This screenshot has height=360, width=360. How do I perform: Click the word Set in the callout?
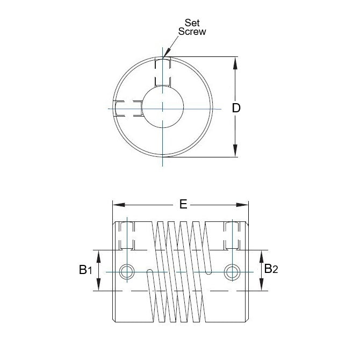pos(192,23)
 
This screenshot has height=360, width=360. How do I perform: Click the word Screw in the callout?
pos(192,32)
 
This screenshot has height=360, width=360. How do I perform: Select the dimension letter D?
pos(236,108)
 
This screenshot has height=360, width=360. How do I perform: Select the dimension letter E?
pos(183,205)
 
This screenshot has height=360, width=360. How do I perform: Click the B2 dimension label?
pos(271,269)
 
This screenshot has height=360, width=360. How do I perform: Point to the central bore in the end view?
pos(162,107)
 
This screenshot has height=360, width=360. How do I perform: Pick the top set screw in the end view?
pos(162,72)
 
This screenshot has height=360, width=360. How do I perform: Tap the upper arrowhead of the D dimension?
pos(236,62)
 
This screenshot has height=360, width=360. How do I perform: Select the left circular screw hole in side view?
pos(127,272)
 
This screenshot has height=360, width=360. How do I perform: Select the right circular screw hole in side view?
pos(232,272)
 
